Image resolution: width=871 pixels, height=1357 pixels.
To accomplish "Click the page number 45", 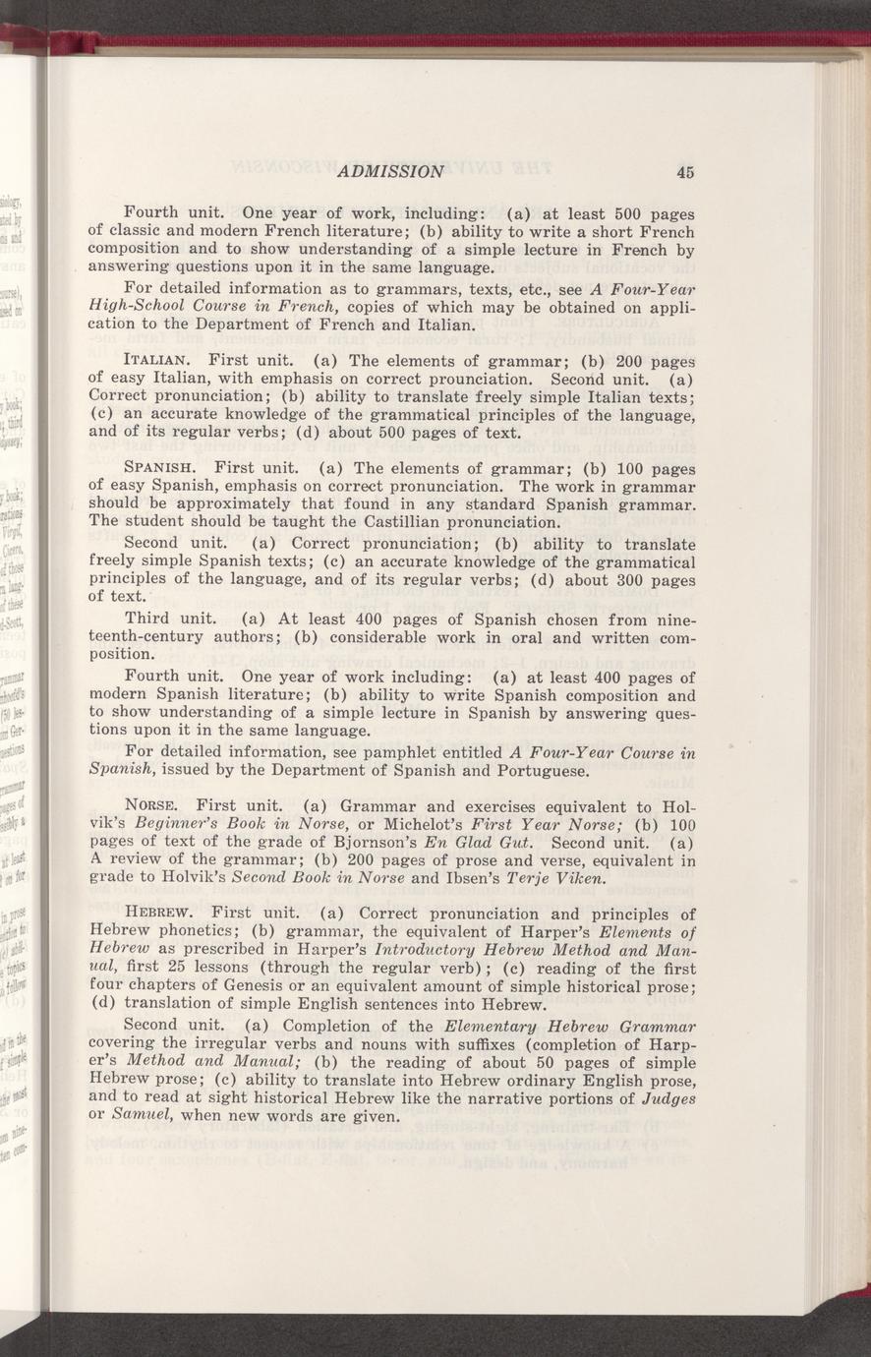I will [685, 172].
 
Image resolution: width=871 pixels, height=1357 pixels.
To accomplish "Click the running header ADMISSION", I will [390, 172].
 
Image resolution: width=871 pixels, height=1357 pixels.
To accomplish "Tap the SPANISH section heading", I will [160, 468].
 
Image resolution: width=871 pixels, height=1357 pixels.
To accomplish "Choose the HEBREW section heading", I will [158, 914].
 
